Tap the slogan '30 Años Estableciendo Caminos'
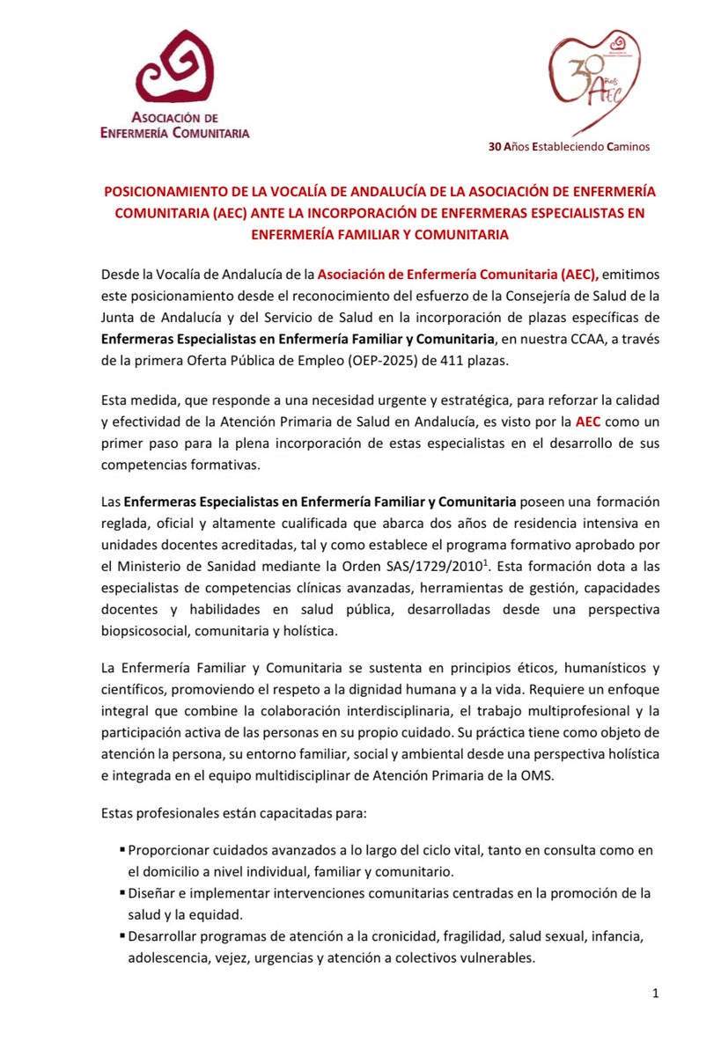point(570,147)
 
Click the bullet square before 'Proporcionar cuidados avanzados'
point(121,851)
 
